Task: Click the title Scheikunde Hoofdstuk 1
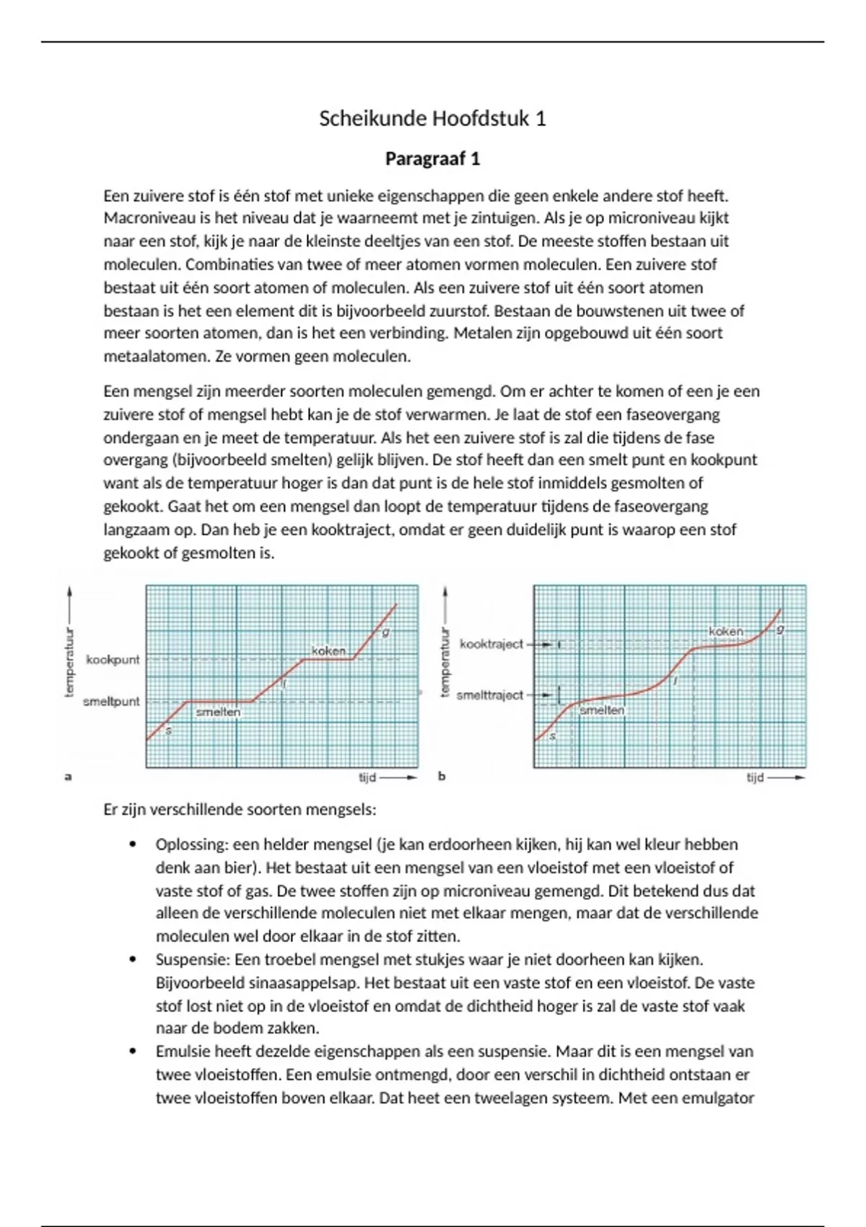point(432,118)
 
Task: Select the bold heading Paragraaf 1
point(432,159)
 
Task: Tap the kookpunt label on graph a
point(113,660)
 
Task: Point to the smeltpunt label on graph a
point(111,702)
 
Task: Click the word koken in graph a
point(328,651)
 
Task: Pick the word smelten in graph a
point(218,712)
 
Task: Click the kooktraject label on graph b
point(491,644)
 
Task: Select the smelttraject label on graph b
point(490,695)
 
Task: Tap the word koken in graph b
point(725,632)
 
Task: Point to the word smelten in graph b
point(602,710)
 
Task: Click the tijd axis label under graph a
point(367,778)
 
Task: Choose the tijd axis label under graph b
point(755,778)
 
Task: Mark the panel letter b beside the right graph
point(442,777)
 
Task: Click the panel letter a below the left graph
point(69,777)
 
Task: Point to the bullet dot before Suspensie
point(132,960)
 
